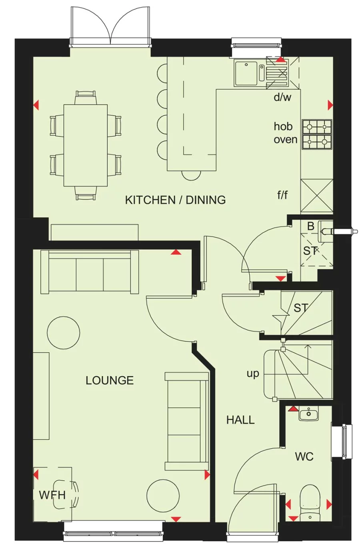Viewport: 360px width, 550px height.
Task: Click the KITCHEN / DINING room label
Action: pos(175,200)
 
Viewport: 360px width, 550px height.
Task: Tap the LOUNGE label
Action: pos(110,380)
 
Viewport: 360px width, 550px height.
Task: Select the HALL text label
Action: pos(240,420)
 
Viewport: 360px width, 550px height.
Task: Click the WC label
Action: pos(304,456)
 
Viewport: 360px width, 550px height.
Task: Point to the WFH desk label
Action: pos(52,495)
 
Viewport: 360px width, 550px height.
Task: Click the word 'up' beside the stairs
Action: pos(253,373)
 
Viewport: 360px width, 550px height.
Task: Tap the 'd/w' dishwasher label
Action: pos(282,97)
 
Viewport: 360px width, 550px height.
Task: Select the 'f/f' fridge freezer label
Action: pos(282,195)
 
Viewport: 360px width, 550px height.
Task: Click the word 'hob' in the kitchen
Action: pos(283,126)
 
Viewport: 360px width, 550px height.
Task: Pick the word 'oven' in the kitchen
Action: pos(285,140)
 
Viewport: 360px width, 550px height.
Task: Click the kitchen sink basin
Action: pos(246,73)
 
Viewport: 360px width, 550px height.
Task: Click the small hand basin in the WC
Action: pos(308,414)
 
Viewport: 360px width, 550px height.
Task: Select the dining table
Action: pos(86,145)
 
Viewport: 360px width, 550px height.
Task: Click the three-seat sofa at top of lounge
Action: pos(90,272)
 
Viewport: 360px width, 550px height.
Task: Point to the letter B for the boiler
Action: pos(310,226)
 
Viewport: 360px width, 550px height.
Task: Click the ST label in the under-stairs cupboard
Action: pos(301,308)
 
